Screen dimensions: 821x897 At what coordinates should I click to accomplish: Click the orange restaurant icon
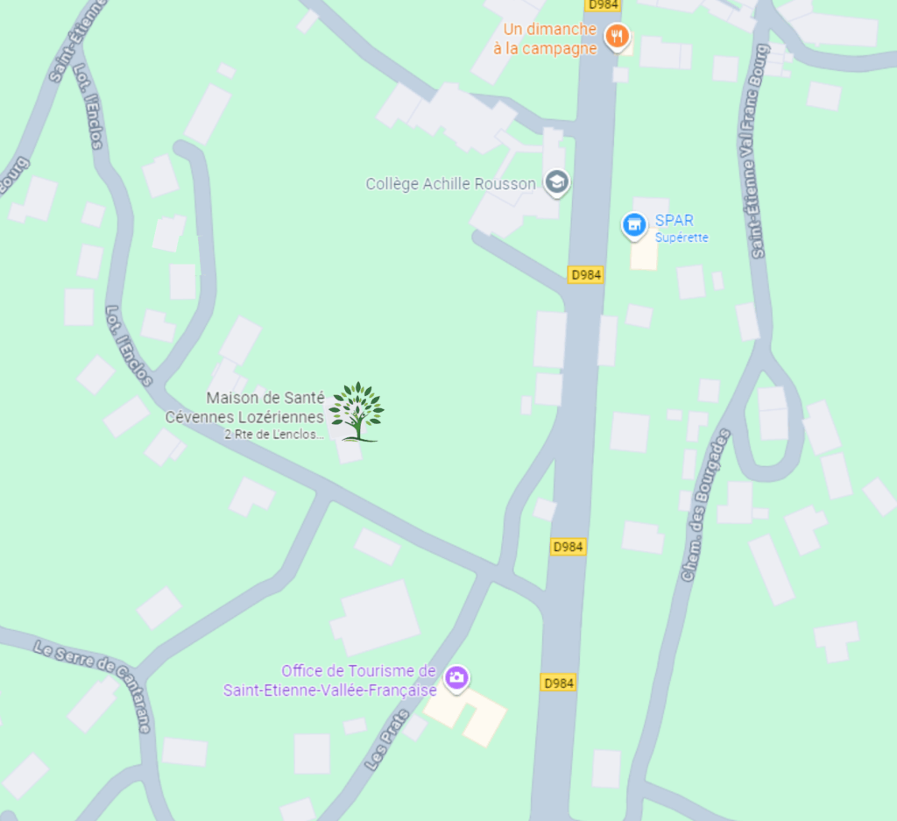618,36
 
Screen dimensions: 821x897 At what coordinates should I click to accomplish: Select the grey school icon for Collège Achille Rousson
556,183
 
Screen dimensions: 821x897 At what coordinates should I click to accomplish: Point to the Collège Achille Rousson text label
450,184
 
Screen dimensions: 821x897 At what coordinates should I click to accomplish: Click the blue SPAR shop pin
634,224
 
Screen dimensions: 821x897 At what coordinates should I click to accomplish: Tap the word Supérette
682,237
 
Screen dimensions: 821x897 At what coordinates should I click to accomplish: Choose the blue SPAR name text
674,221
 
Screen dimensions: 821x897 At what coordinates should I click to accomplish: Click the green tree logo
356,411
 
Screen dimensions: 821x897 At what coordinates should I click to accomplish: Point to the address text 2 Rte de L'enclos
274,435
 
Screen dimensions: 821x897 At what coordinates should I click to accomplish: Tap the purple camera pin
456,677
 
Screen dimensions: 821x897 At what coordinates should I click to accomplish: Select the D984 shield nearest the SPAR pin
586,274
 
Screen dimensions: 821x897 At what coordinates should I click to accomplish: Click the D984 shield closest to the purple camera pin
558,683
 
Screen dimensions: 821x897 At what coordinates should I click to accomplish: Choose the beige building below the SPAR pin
644,254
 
